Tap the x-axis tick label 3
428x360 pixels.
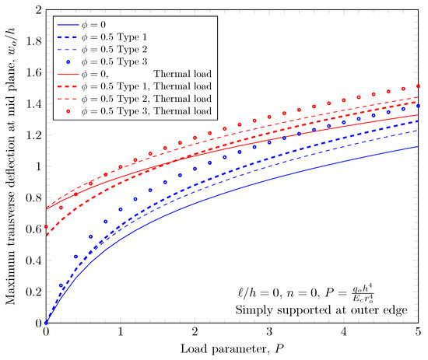270,333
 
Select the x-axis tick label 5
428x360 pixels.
419,333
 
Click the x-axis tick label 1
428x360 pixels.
121,333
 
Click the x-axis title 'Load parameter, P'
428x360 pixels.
232,349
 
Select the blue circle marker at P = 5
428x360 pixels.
419,106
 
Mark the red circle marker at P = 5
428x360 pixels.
419,86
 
